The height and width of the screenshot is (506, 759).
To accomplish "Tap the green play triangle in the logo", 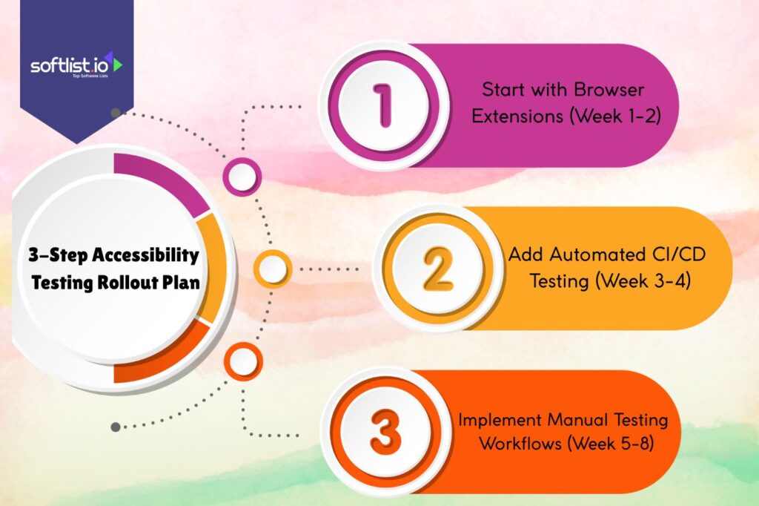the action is click(117, 65).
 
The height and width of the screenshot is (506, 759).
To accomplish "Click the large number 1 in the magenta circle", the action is click(383, 105).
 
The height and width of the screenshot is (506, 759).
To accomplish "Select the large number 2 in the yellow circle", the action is click(437, 269).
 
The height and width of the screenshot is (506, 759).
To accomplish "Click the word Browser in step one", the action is click(609, 90).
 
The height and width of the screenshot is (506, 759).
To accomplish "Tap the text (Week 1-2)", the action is click(614, 116).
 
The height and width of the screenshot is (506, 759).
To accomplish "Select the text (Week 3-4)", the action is click(643, 281).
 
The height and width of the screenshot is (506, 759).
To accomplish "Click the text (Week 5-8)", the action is click(611, 443).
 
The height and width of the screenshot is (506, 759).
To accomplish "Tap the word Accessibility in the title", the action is click(145, 255).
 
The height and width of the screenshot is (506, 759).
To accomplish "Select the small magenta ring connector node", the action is click(242, 177).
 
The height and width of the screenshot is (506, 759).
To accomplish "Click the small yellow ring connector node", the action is click(273, 269).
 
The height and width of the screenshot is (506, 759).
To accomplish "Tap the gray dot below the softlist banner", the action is click(115, 113).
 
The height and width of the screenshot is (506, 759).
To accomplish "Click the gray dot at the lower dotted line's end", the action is click(115, 427).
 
